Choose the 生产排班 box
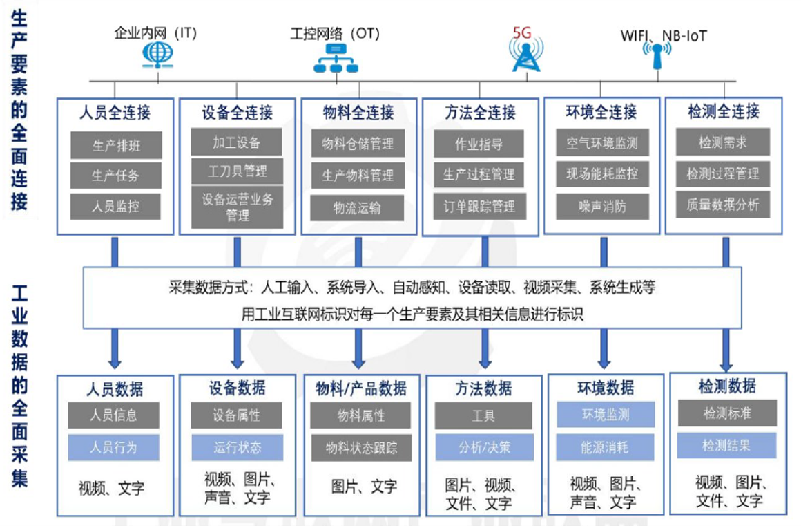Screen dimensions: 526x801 (116, 145)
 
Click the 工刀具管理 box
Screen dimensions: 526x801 (238, 170)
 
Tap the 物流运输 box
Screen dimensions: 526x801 (357, 207)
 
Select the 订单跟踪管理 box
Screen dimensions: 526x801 (479, 206)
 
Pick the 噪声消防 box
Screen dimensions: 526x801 (601, 206)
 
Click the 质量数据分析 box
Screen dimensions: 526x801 (722, 205)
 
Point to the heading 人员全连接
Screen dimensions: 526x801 (115, 112)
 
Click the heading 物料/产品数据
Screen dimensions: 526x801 (360, 387)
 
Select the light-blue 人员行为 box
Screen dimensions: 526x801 (114, 447)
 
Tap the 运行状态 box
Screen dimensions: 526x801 (237, 447)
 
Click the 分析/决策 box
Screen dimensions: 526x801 (483, 447)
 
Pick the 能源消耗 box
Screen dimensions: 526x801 (605, 447)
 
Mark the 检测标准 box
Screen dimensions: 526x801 (726, 413)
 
